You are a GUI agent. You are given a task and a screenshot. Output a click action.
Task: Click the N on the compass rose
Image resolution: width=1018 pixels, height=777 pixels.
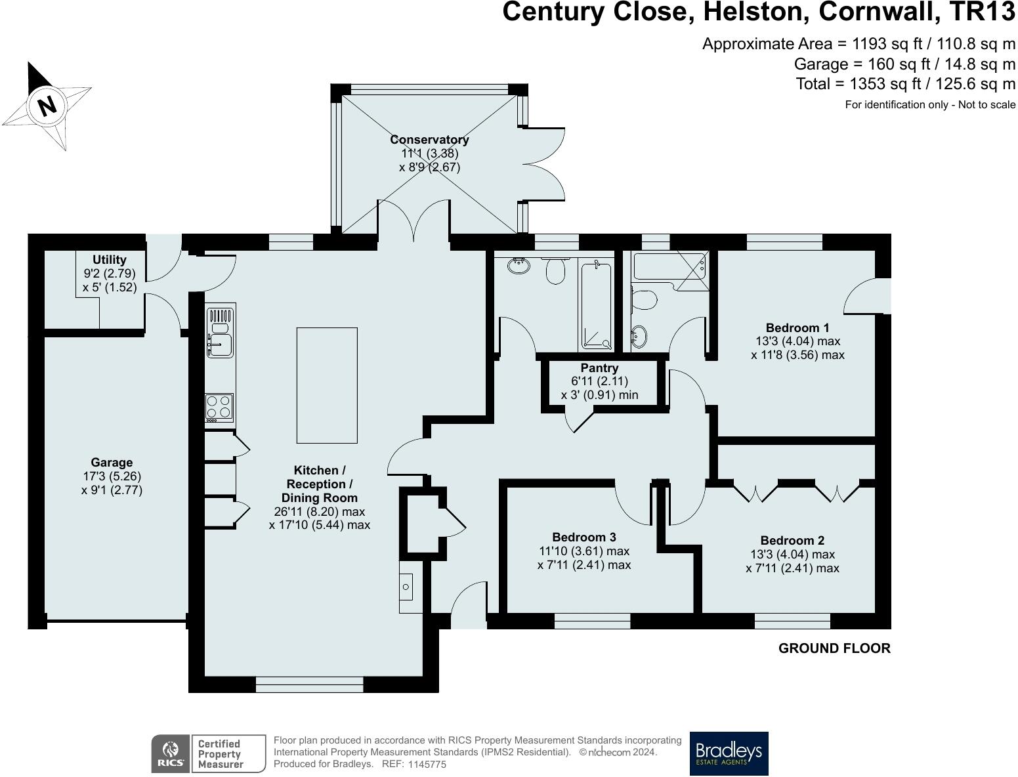click(x=47, y=106)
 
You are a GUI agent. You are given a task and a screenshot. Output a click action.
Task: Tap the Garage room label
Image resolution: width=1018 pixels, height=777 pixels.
click(x=112, y=462)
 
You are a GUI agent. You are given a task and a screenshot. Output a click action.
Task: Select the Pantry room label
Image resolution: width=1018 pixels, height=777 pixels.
click(x=599, y=368)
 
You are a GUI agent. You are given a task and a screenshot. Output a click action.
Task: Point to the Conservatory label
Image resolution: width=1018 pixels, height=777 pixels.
click(x=429, y=140)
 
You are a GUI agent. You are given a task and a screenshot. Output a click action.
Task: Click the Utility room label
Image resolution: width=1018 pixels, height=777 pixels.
click(x=110, y=260)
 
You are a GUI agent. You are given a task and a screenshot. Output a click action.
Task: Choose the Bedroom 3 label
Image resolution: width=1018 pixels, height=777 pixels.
click(x=584, y=537)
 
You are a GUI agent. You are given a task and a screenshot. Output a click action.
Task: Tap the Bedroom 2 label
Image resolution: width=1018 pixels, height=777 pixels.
click(x=792, y=541)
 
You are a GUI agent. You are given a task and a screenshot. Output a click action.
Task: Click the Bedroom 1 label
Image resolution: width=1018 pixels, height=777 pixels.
click(x=797, y=327)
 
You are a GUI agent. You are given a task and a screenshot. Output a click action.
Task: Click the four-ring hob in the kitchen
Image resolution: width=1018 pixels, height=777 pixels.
click(x=219, y=407)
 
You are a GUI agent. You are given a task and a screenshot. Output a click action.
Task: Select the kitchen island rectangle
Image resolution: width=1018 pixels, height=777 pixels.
click(x=327, y=385)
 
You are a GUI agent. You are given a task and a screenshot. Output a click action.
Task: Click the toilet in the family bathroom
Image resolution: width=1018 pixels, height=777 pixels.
click(x=555, y=270)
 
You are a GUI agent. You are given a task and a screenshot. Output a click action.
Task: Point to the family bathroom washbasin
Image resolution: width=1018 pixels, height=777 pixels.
click(x=519, y=266)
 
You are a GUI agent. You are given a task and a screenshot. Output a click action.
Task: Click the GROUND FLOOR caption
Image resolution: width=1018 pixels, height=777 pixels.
click(x=834, y=648)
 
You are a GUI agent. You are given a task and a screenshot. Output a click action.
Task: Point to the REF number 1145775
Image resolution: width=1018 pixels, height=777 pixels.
click(x=427, y=765)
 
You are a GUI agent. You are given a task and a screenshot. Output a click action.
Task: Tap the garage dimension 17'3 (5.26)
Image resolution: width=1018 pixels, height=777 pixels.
click(x=112, y=476)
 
